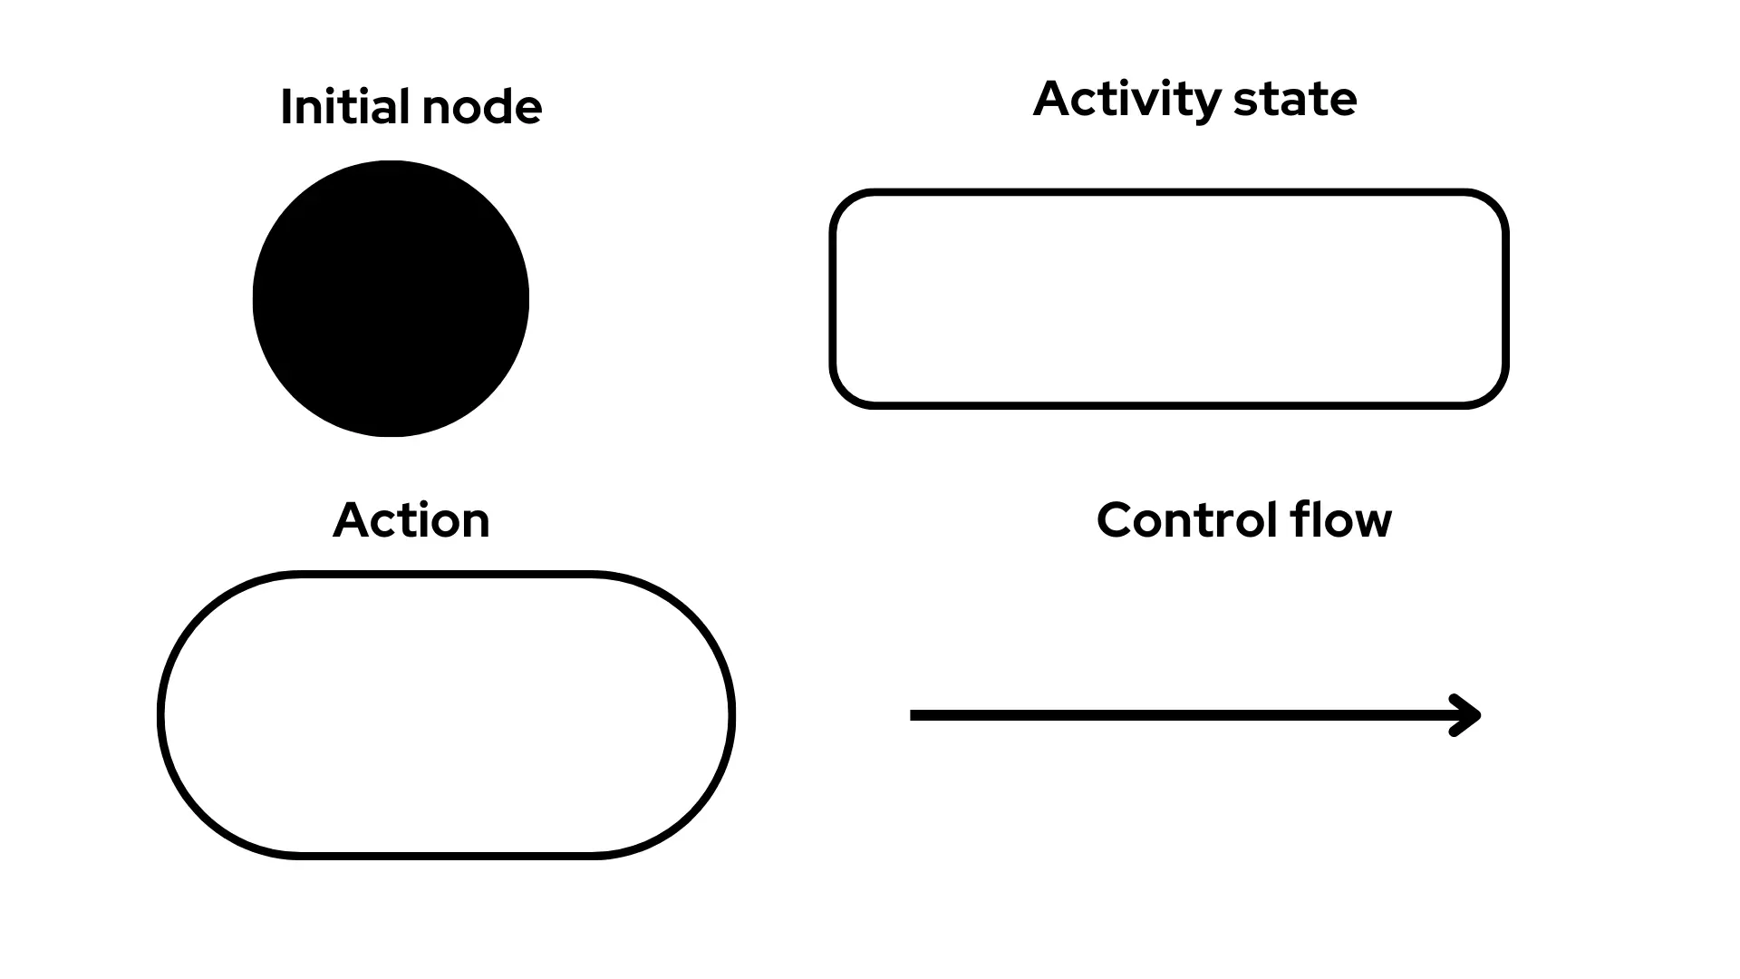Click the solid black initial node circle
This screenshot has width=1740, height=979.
(391, 299)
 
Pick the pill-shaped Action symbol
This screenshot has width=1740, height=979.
(446, 715)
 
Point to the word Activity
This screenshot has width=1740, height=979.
(1125, 99)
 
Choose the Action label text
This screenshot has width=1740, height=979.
(411, 520)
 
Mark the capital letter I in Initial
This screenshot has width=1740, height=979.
(286, 107)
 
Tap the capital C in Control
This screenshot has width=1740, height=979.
(1116, 520)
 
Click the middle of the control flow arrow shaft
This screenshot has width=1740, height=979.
(1187, 715)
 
